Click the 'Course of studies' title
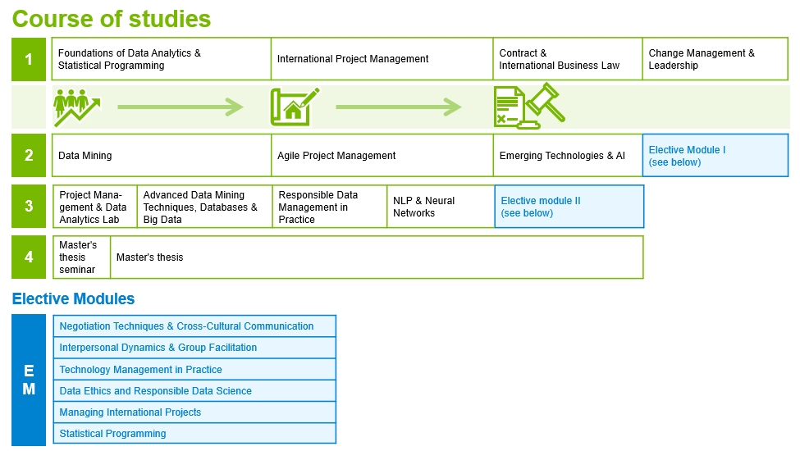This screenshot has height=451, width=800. pos(112,19)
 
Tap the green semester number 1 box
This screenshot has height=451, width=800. pos(29,59)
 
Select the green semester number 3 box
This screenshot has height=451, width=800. pos(29,207)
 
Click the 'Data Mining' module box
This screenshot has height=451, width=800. pos(161,156)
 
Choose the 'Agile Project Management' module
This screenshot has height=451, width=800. pos(382,156)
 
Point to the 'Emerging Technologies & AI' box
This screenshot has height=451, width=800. pos(568,156)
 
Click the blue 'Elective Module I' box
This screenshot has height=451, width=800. pos(715,156)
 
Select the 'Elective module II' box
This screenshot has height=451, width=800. pos(569,207)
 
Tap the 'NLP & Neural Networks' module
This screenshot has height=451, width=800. pos(441,207)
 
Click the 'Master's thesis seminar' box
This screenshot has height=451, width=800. pos(81,257)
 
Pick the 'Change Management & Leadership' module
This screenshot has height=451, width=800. pos(715,59)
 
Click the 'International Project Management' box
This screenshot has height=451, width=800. pos(382,59)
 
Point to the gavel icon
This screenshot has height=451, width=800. pos(546,102)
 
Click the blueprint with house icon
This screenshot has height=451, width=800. pos(295,107)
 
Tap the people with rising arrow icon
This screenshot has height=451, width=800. pos(77,107)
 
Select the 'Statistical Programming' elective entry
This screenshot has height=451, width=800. pos(194,434)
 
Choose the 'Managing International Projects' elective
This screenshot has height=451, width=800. pos(194,412)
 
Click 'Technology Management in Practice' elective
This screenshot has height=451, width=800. pos(194,370)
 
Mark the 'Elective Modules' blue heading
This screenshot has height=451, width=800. pos(74,298)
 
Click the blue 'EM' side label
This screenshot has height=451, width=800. pos(29,380)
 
